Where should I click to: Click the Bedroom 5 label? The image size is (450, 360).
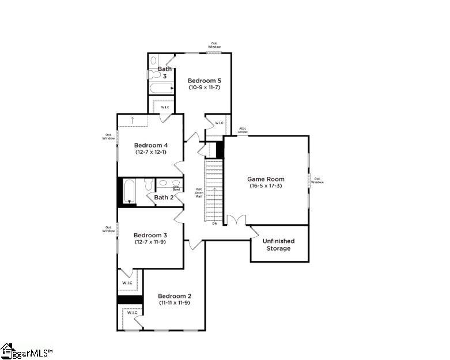tap(204, 81)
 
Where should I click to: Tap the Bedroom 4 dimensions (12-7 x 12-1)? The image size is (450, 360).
tap(151, 152)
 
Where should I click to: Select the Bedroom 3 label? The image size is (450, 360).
tap(150, 235)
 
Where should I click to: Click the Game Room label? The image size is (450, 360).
tap(266, 179)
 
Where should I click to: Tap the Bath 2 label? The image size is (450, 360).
tap(164, 197)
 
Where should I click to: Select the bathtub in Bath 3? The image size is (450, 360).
tap(161, 88)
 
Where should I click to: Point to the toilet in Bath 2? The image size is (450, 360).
tap(148, 184)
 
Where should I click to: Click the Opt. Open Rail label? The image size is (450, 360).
tap(199, 192)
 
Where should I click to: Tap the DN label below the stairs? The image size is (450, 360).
tap(214, 223)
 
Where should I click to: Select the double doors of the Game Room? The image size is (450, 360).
tap(236, 221)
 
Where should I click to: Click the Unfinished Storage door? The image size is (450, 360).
tap(254, 231)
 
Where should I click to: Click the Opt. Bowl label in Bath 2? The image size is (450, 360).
tap(176, 188)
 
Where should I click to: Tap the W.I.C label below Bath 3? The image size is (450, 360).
tap(165, 107)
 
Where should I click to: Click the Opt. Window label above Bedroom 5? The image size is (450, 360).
tap(215, 45)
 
